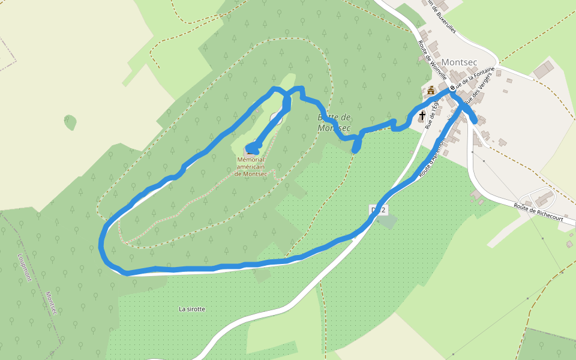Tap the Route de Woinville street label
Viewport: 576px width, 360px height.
tap(432, 59)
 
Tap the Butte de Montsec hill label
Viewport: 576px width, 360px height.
tap(334, 122)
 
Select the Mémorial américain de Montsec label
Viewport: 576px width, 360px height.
tap(254, 166)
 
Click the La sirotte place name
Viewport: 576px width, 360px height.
tap(192, 309)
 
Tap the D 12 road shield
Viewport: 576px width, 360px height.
tap(379, 209)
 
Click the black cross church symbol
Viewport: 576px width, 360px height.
tap(422, 115)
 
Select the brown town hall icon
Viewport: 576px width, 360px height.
tap(431, 91)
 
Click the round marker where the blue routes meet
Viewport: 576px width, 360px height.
tap(452, 88)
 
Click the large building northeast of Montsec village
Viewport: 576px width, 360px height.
tap(544, 70)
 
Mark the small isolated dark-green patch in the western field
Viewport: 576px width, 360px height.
tap(70, 122)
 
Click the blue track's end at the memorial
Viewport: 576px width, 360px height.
tap(250, 148)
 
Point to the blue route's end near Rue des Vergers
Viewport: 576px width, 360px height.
tap(475, 121)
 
